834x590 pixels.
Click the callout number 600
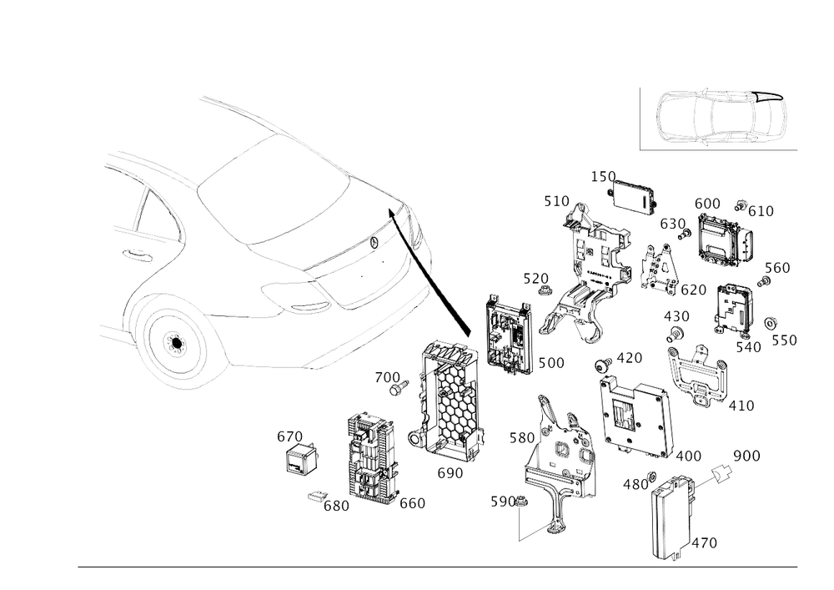pos(707,203)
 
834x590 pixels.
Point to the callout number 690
pos(450,471)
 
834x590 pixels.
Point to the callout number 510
pos(555,200)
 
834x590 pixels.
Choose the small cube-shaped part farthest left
pos(302,456)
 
